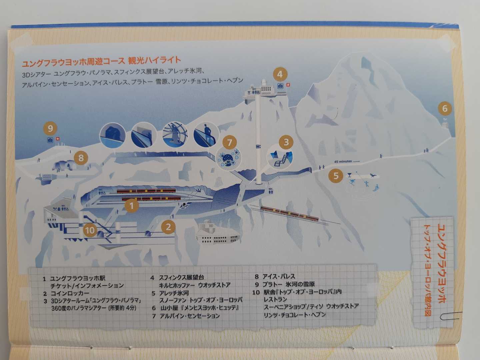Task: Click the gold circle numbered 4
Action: point(280,74)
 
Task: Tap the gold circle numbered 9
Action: point(50,128)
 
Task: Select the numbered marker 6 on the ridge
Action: point(445,108)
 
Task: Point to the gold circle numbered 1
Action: point(131,206)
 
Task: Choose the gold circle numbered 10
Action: point(90,230)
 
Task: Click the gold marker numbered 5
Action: point(336,176)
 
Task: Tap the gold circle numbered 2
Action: point(168,227)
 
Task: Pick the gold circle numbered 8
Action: point(81,158)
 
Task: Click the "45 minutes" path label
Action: point(343,162)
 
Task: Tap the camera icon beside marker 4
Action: point(280,86)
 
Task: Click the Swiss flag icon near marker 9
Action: point(58,139)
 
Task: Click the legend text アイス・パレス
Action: point(279,276)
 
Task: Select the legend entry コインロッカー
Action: point(70,293)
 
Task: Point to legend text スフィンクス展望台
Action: point(181,277)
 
